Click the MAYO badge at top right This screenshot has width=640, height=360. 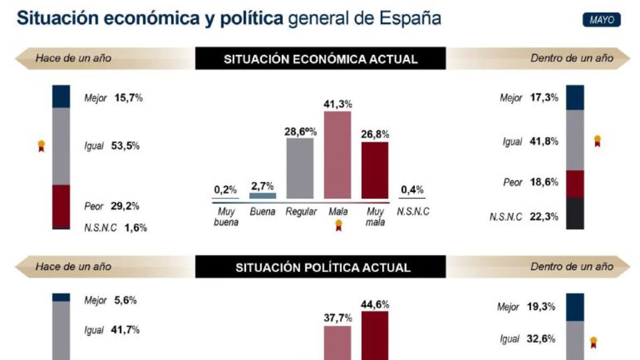pos(602,20)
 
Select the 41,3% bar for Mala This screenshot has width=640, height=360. pos(338,155)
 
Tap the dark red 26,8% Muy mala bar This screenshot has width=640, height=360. pos(375,170)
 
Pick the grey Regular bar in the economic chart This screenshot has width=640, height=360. pos(300,168)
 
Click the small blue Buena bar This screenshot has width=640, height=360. pos(263,196)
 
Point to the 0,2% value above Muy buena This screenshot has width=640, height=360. pos(225,190)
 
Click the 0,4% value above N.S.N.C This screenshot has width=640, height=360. pos(412,190)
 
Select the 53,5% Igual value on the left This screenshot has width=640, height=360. pos(126,146)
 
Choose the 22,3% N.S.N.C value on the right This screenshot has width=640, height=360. pos(544,216)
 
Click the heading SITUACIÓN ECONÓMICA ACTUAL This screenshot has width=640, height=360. pos(320,59)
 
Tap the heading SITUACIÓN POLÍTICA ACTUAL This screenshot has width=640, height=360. pos(320,267)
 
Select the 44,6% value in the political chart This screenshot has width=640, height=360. pos(375,305)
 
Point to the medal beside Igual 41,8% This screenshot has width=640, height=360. pos(597,141)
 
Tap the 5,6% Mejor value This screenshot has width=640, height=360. pos(126,300)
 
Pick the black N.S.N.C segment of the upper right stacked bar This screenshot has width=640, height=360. pos(575,213)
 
